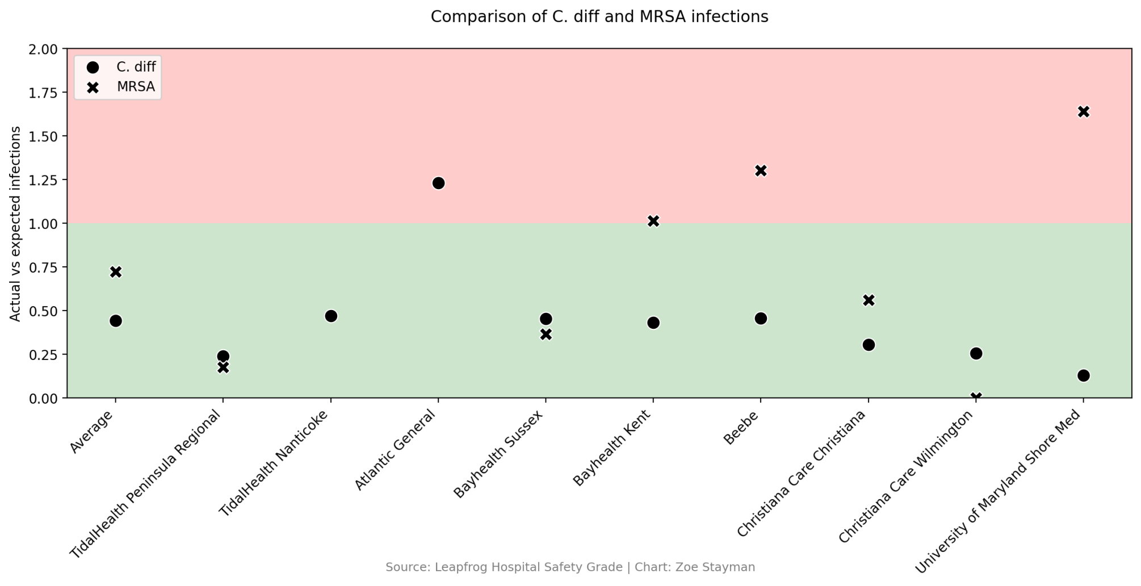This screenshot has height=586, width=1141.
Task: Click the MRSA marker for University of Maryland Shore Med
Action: [1083, 111]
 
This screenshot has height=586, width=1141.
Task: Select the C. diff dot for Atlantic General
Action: [438, 183]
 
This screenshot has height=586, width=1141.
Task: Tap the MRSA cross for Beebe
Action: [761, 170]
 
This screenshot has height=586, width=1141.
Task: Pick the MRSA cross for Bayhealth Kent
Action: [653, 221]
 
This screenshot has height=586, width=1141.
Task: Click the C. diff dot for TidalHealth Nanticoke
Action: [331, 316]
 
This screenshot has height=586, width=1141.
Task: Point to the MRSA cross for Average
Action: [116, 272]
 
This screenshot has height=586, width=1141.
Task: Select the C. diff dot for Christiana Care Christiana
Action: [869, 345]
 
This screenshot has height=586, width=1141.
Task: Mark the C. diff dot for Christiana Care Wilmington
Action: [976, 353]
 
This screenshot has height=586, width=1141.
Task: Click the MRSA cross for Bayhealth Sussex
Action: [546, 334]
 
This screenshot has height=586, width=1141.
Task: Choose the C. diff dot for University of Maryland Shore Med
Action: [1083, 375]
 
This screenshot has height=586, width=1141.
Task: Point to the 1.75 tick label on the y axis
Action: [43, 93]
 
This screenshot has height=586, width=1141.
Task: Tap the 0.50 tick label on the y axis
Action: [43, 311]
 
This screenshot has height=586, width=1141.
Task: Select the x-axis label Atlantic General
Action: [395, 450]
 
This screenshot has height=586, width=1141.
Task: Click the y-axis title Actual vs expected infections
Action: [16, 223]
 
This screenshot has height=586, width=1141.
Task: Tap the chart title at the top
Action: [599, 17]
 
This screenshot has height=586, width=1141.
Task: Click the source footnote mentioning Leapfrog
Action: [570, 567]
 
